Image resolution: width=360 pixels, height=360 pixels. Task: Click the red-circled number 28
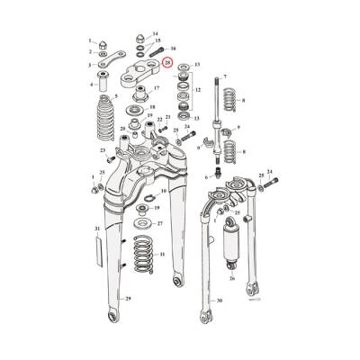click(167, 63)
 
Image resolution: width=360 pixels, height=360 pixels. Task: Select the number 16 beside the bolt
click(173, 48)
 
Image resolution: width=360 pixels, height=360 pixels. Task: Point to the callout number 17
click(156, 88)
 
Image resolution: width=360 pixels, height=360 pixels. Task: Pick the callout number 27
click(158, 222)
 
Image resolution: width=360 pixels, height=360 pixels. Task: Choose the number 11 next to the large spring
click(162, 256)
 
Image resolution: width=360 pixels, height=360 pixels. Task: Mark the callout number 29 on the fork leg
click(129, 297)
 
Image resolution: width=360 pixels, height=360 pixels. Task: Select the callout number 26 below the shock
click(231, 277)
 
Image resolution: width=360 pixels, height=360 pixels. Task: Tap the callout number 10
click(163, 192)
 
